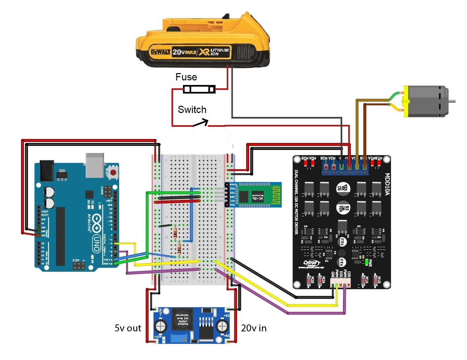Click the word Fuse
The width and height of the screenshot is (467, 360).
coord(186,77)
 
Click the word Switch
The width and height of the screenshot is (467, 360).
coord(192,110)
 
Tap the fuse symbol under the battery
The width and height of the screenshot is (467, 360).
coord(199,89)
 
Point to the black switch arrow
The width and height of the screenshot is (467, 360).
coord(201,123)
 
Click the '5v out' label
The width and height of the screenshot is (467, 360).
coord(128,328)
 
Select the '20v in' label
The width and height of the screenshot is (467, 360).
coord(254,328)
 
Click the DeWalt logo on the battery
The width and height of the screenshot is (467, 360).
coord(161,52)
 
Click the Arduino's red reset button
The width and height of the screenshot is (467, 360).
coord(113,172)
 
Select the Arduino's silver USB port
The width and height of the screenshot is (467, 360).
coord(94,165)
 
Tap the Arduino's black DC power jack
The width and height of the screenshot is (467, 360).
coord(46,170)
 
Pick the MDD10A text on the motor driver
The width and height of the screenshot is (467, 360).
coord(387,184)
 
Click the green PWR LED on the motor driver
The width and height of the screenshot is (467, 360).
coord(366,262)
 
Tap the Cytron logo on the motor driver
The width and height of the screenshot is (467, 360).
coord(311,263)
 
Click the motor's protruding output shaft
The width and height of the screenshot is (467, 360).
coord(452,101)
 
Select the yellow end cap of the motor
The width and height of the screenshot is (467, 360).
coord(406,101)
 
